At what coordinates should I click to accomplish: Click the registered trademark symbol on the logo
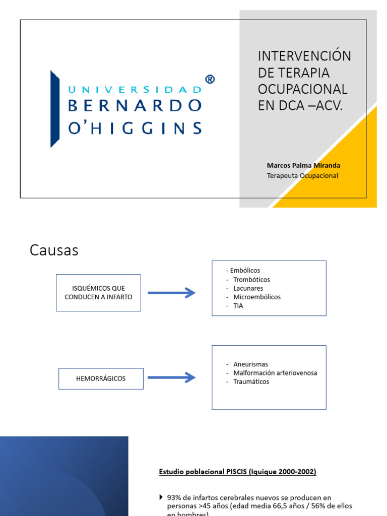[210, 79]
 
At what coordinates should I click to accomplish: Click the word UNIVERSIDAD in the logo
[135, 90]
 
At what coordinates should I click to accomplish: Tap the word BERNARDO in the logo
[135, 105]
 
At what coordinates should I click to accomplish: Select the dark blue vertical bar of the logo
[54, 108]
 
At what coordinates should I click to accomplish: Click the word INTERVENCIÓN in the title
[304, 56]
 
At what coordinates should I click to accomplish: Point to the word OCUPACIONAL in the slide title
[302, 89]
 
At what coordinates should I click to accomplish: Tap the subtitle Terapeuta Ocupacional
[302, 175]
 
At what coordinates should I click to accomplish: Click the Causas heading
[54, 250]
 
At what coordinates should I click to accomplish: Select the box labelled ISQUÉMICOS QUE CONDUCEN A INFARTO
[98, 293]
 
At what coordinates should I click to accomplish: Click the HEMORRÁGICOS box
[101, 378]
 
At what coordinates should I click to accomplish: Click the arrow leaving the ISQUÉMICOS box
[171, 293]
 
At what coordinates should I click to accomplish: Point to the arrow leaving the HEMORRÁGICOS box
[171, 377]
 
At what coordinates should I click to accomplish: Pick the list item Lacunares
[248, 288]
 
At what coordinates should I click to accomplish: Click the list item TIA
[238, 305]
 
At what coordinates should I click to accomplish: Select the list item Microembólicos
[257, 297]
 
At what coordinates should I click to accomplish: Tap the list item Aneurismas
[250, 364]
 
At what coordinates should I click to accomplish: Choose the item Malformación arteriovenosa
[275, 373]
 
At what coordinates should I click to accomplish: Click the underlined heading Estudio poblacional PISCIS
[237, 472]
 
